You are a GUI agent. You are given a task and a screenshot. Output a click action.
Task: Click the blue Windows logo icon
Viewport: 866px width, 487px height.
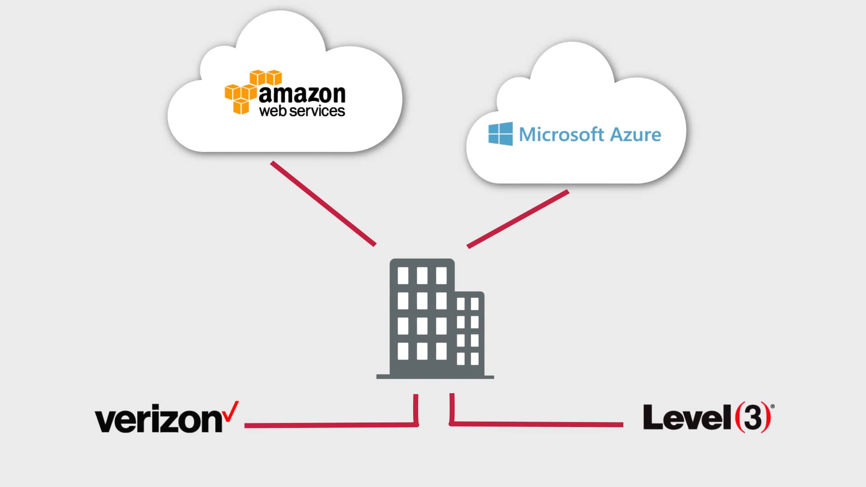(500, 133)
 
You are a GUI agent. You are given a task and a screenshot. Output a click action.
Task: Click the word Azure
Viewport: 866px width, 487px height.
(636, 134)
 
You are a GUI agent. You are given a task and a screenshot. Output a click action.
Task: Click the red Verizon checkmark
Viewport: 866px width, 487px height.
(231, 411)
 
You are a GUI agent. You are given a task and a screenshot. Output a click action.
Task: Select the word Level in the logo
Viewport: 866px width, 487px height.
(686, 418)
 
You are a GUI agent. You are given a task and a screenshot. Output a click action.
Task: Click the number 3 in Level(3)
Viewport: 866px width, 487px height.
(753, 418)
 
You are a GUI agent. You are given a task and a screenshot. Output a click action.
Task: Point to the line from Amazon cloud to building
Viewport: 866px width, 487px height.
(323, 204)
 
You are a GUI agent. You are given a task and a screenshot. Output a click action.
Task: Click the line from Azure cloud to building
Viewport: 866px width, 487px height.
(518, 219)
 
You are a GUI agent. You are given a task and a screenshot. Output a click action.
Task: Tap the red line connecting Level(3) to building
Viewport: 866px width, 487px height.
(537, 424)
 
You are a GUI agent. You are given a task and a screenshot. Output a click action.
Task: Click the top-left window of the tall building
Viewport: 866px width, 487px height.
(403, 276)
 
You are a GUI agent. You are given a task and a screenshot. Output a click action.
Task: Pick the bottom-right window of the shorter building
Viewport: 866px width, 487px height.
(474, 358)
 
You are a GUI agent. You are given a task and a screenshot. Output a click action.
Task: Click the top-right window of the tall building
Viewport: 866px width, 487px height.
(441, 276)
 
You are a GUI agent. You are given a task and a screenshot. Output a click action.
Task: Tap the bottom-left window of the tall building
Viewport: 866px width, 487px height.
(403, 351)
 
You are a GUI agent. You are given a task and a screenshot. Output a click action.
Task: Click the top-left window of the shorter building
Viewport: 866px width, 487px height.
(461, 304)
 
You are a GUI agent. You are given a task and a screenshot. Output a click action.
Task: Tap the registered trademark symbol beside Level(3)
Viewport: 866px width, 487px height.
(773, 406)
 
